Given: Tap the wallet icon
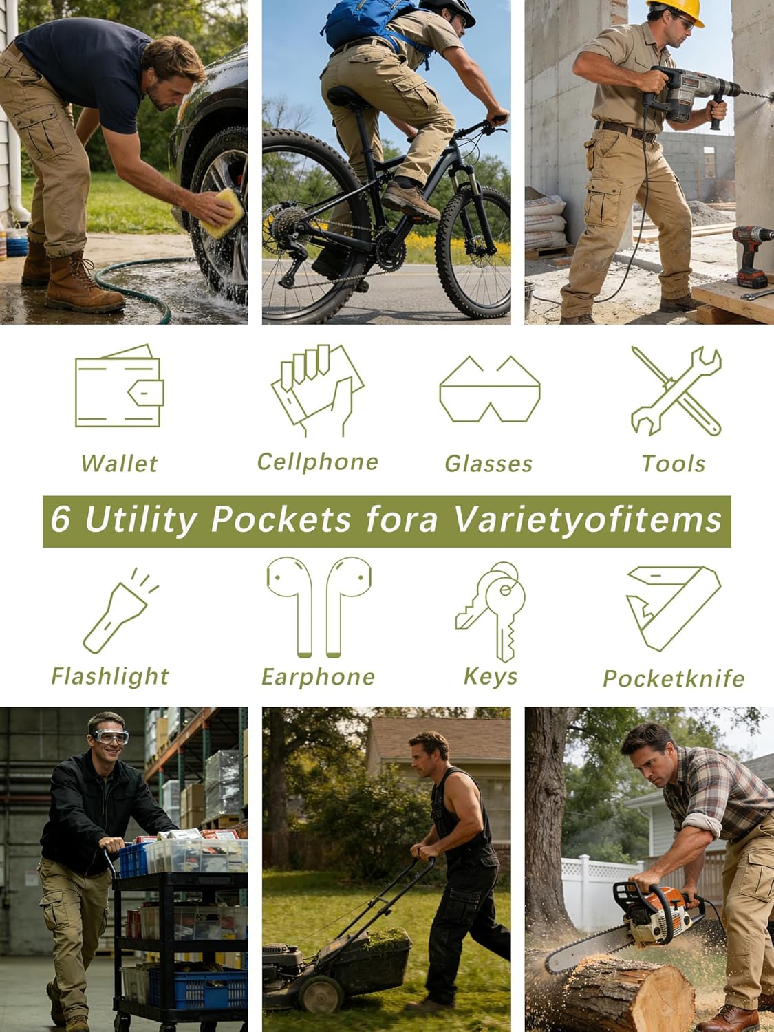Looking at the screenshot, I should (x=118, y=387).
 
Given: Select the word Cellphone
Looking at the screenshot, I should (x=317, y=462).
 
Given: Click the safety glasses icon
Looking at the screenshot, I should (x=489, y=390).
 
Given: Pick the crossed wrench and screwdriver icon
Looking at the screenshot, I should (x=676, y=390).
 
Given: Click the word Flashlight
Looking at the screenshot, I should (x=110, y=676).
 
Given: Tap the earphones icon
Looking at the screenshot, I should (x=319, y=606).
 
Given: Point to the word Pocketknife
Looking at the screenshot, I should (x=674, y=678).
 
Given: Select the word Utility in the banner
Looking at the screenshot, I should (x=141, y=520).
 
